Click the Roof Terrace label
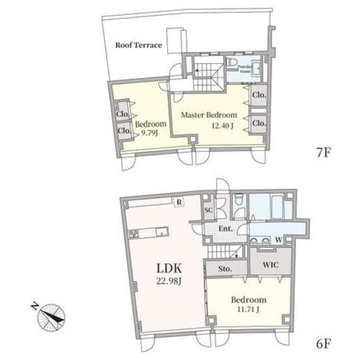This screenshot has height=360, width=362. (x=139, y=45)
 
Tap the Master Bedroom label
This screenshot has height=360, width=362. (x=209, y=115)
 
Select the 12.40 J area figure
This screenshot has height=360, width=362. (x=223, y=126)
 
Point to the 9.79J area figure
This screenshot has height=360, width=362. (x=149, y=133)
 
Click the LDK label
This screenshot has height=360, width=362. (x=169, y=268)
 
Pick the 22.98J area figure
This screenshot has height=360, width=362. (x=169, y=281)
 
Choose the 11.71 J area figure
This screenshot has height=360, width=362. (x=248, y=309)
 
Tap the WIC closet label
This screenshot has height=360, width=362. (x=270, y=265)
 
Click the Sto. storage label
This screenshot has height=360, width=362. (x=225, y=269)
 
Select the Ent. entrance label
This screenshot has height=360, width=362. (x=226, y=229)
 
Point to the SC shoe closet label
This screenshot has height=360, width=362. (x=209, y=210)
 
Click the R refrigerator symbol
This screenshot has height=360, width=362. (x=179, y=202)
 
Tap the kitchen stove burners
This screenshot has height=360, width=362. (x=133, y=234)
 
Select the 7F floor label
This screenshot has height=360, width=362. (x=324, y=152)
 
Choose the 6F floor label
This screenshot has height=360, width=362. (x=324, y=344)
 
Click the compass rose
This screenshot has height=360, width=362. (x=51, y=317)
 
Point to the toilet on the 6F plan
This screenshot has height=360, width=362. (x=239, y=199)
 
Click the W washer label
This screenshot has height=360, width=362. (x=279, y=240)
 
